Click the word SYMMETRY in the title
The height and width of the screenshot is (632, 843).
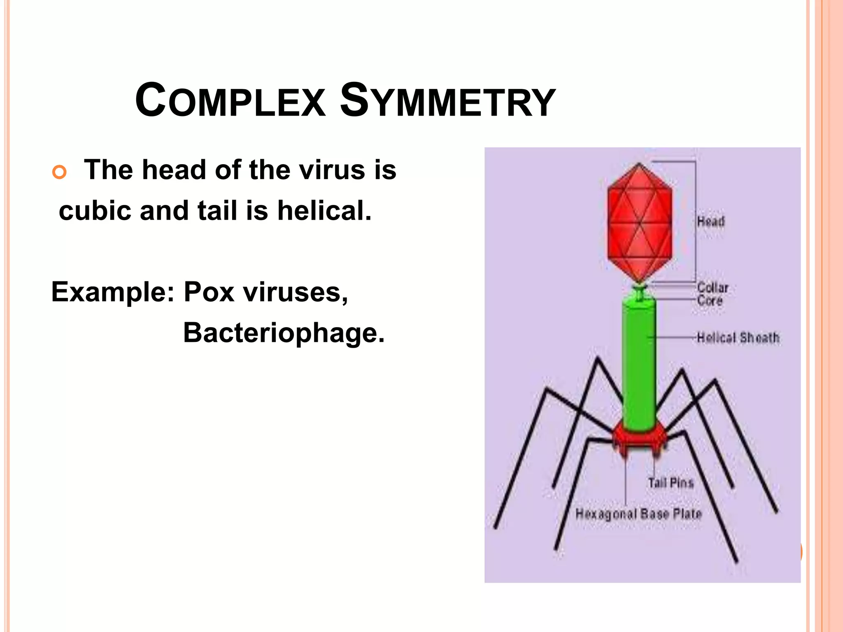click(447, 101)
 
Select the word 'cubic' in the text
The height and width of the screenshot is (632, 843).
click(95, 211)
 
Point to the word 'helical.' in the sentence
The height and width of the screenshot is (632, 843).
click(324, 211)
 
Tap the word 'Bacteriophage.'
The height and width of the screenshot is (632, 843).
click(284, 333)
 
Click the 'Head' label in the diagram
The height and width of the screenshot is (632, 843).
click(711, 222)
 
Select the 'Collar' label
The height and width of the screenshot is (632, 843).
click(713, 288)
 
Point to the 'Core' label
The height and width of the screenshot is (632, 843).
click(710, 300)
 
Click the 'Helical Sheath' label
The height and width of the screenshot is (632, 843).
click(738, 338)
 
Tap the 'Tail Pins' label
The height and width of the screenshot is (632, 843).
click(671, 483)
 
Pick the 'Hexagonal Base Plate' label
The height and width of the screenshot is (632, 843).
click(638, 514)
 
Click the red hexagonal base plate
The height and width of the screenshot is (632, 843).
click(639, 441)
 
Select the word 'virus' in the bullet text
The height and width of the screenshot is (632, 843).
click(331, 170)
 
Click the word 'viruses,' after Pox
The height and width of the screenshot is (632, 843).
click(295, 292)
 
